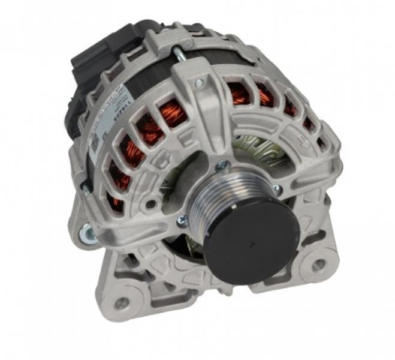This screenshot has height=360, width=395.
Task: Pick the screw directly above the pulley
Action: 222,164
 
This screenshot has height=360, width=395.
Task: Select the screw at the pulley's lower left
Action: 183,221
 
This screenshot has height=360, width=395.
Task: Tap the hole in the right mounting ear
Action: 318,263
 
